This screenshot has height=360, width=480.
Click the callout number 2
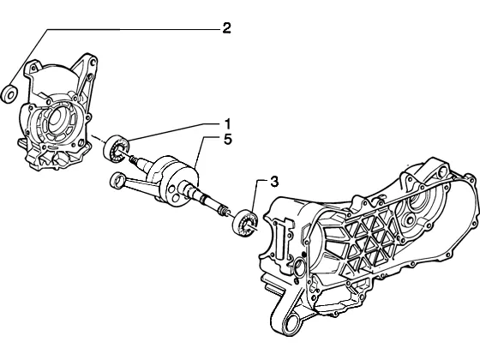pyautogui.click(x=226, y=27)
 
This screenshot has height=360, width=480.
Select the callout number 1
pyautogui.click(x=227, y=124)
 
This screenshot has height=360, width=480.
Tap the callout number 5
pyautogui.click(x=227, y=140)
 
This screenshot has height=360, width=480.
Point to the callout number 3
pyautogui.click(x=274, y=182)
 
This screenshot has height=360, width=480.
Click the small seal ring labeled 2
pyautogui.click(x=9, y=94)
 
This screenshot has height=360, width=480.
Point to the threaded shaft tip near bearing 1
pyautogui.click(x=134, y=159)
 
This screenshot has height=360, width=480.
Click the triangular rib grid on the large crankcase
pyautogui.click(x=369, y=242)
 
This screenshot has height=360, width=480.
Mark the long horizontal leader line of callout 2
pyautogui.click(x=134, y=29)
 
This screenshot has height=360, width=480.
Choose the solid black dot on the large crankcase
pyautogui.click(x=303, y=254)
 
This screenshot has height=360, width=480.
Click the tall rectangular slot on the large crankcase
pyautogui.click(x=281, y=240)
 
